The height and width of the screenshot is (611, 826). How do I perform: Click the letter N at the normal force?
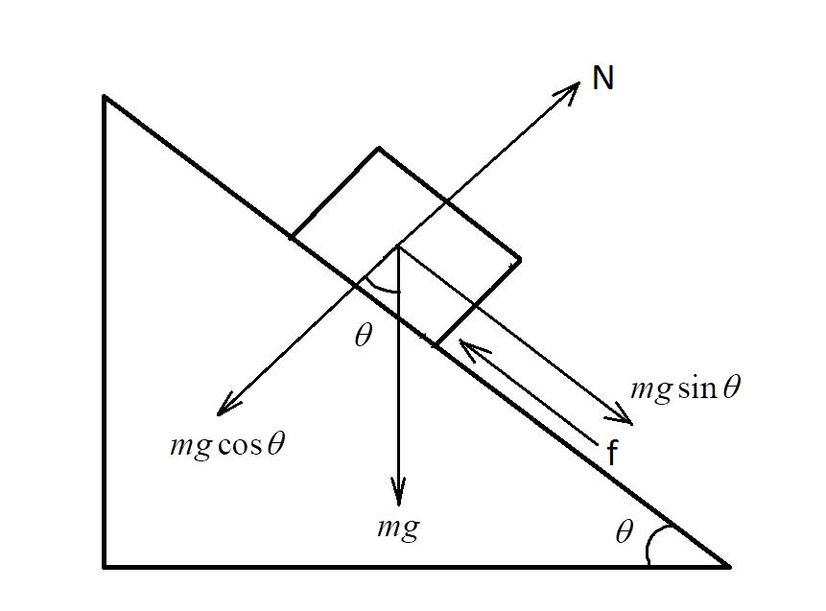coord(602,78)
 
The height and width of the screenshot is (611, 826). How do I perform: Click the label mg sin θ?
coord(686,388)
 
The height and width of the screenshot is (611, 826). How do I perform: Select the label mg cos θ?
coord(226,446)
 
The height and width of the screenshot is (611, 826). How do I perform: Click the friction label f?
coord(611,453)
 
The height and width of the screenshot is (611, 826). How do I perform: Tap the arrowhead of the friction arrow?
coord(462,342)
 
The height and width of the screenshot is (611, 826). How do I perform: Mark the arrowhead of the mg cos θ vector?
coord(222,411)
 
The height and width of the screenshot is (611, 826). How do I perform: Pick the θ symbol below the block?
coord(362,337)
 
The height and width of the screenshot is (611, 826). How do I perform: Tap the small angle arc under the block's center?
coord(382,287)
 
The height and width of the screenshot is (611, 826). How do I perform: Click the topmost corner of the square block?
coord(379,149)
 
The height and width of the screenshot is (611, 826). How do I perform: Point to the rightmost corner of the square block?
coord(520,259)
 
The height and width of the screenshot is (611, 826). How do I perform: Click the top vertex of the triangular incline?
coord(105,97)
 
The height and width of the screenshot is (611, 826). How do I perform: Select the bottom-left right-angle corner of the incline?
coord(105,567)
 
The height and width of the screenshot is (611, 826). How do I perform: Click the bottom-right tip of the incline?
coord(729,566)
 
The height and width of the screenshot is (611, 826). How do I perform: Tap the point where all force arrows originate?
coord(397,247)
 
